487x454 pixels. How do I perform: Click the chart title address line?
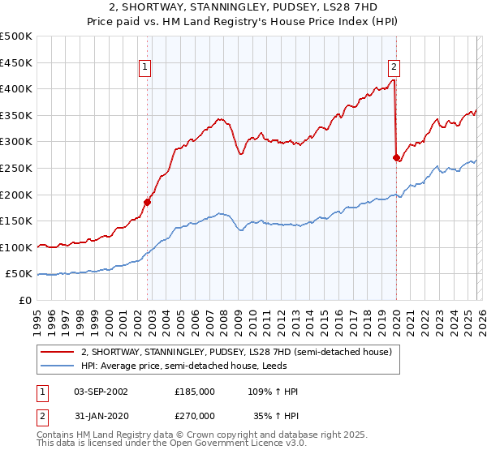[x=243, y=7]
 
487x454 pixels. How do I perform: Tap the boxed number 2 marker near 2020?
[x=394, y=68]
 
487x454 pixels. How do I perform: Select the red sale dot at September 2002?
[x=148, y=202]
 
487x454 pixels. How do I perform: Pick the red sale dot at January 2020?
[x=396, y=158]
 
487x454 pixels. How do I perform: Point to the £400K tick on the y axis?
[x=18, y=89]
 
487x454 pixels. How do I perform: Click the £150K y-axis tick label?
[x=18, y=221]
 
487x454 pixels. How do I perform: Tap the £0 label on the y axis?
[x=26, y=300]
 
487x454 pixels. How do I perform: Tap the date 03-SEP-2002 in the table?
[x=101, y=392]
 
